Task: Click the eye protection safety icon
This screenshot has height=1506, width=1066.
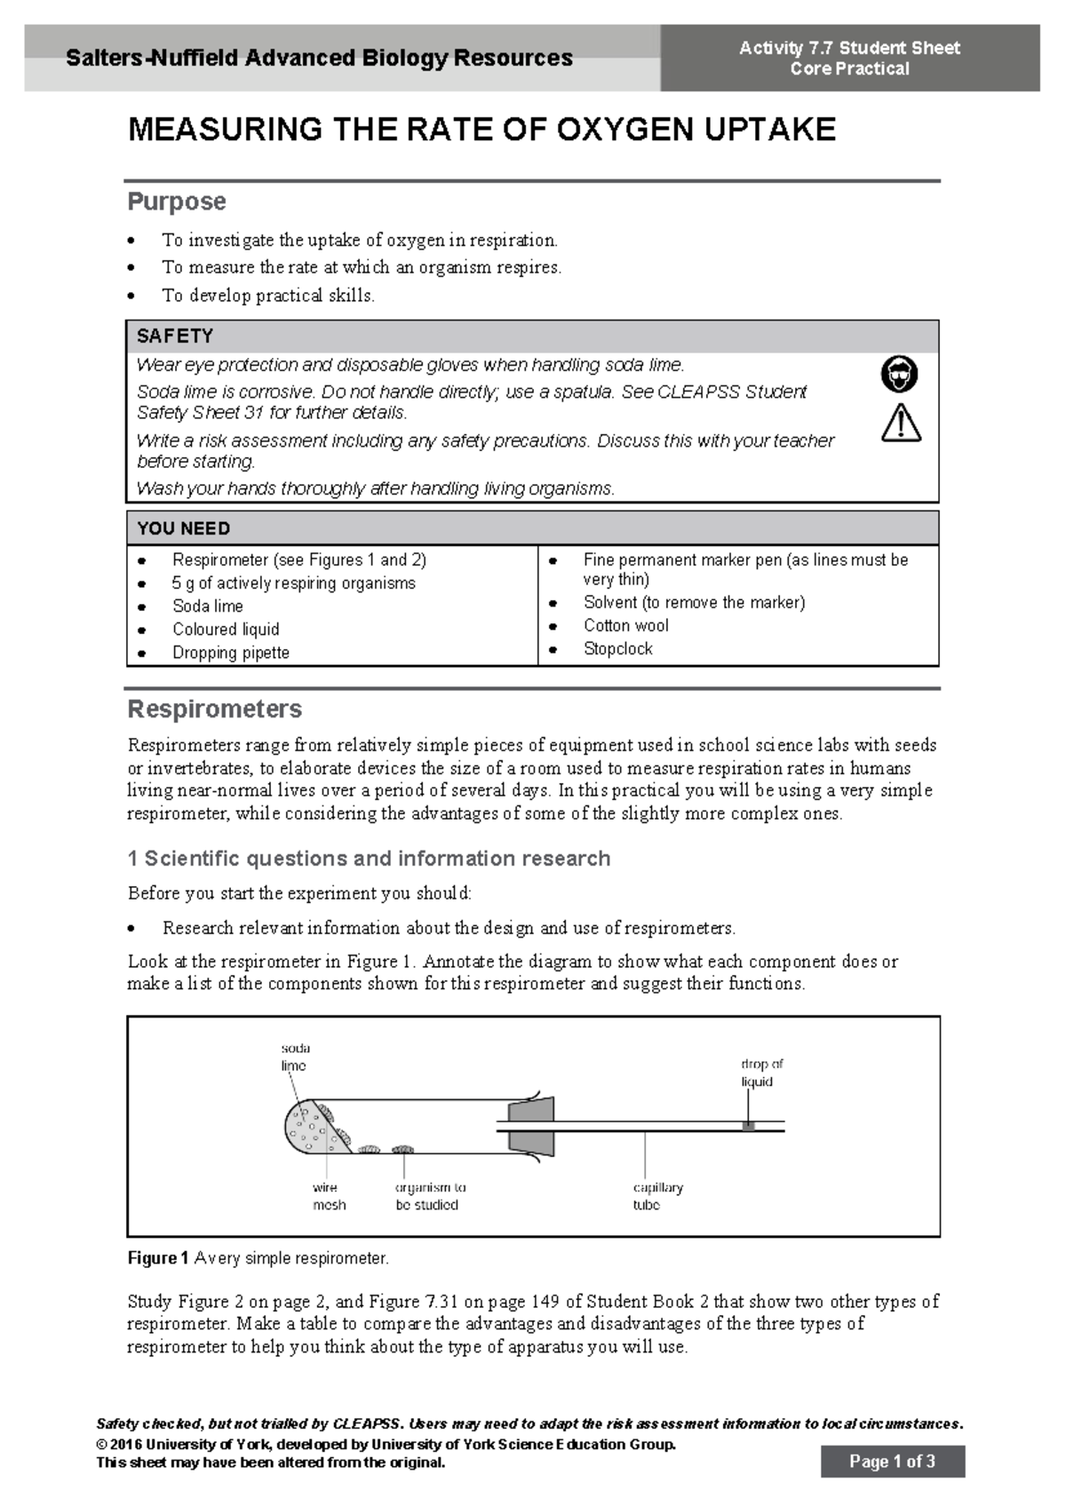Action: pyautogui.click(x=899, y=374)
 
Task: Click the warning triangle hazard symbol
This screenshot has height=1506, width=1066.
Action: pyautogui.click(x=901, y=424)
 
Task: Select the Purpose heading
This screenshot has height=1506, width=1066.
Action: pyautogui.click(x=177, y=202)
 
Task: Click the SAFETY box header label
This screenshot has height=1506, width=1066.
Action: pyautogui.click(x=175, y=337)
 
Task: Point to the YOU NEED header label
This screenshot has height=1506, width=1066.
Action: pyautogui.click(x=184, y=528)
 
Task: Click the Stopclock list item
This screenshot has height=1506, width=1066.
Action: pyautogui.click(x=617, y=649)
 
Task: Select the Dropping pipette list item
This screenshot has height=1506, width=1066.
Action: pyautogui.click(x=231, y=653)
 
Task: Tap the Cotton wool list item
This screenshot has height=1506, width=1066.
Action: pyautogui.click(x=625, y=626)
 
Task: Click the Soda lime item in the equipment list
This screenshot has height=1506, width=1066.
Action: pyautogui.click(x=207, y=606)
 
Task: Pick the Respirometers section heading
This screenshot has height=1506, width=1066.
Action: pyautogui.click(x=215, y=709)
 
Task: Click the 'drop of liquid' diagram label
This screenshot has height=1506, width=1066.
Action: pyautogui.click(x=761, y=1073)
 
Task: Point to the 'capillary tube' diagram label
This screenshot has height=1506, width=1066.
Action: pyautogui.click(x=657, y=1196)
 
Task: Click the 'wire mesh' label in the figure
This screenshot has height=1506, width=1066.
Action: pyautogui.click(x=328, y=1196)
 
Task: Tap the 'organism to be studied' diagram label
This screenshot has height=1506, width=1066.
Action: pyautogui.click(x=430, y=1196)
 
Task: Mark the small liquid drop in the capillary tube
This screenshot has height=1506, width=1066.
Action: pyautogui.click(x=749, y=1126)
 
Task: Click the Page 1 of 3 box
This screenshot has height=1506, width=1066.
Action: pyautogui.click(x=892, y=1462)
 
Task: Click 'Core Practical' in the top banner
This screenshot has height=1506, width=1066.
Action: pyautogui.click(x=849, y=69)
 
